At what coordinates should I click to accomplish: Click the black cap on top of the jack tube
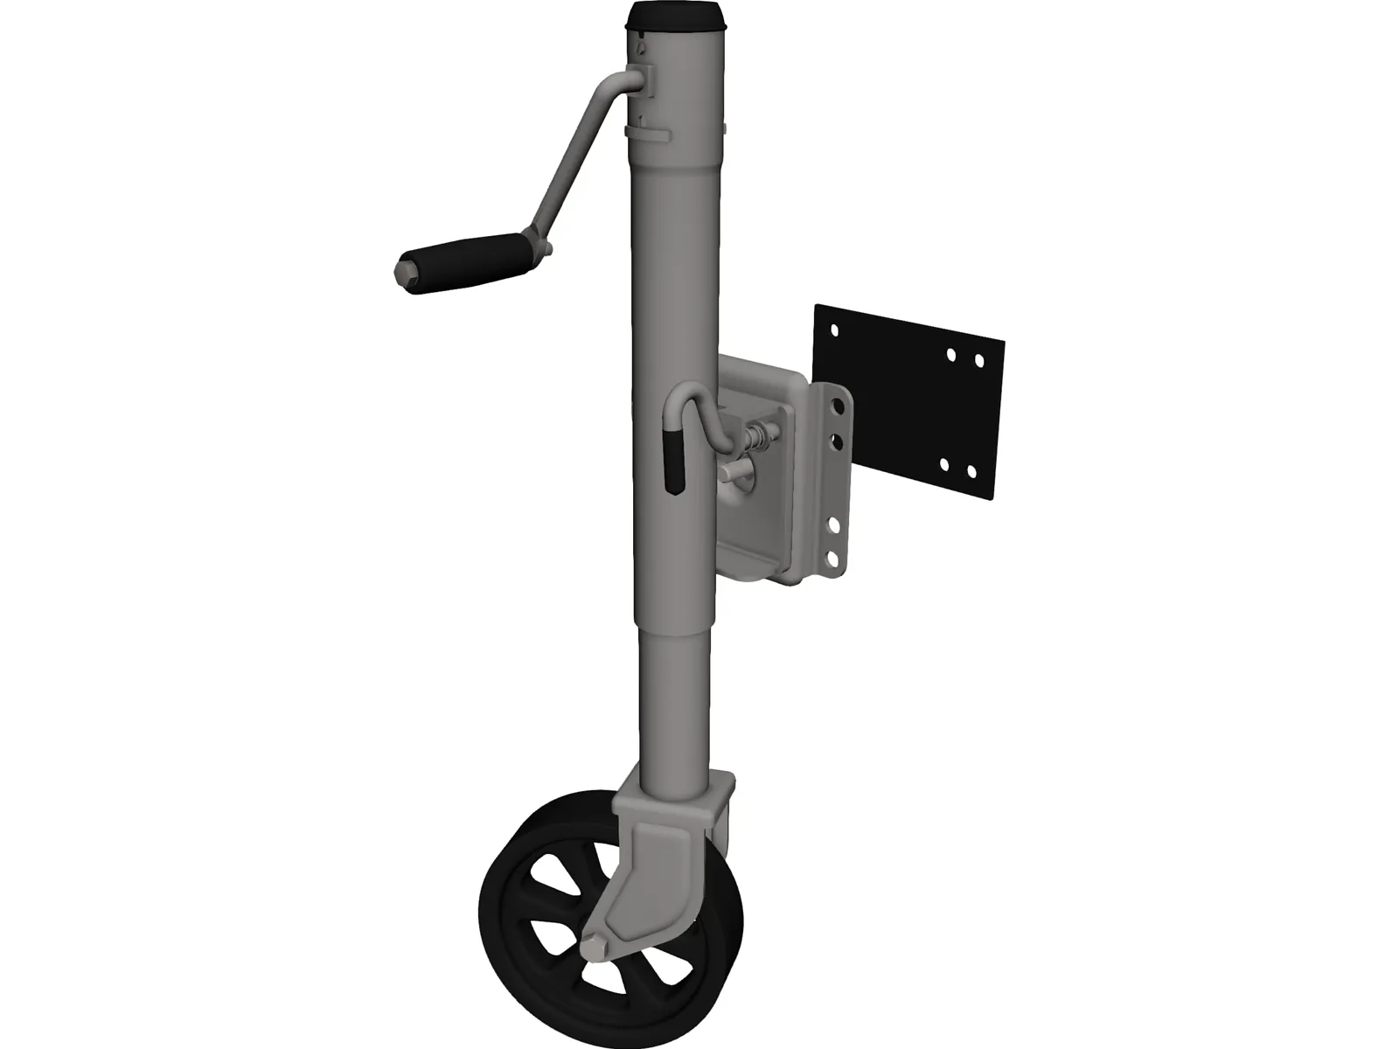tap(678, 16)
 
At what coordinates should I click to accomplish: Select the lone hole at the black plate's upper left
tap(834, 332)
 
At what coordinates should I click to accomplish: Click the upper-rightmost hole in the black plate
tap(978, 360)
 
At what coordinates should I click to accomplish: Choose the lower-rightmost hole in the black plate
tap(971, 471)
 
